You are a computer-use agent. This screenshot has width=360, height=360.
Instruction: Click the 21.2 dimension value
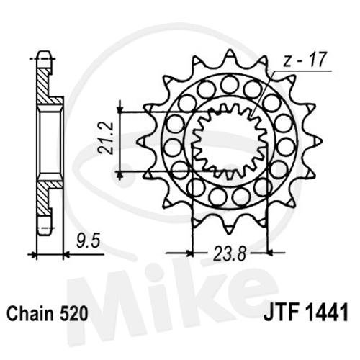pos(105,138)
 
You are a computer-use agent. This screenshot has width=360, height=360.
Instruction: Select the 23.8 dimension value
pos(230,253)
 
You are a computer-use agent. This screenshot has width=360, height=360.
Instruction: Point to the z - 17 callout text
pos(304,60)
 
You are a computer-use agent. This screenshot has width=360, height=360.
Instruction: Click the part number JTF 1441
pos(306,312)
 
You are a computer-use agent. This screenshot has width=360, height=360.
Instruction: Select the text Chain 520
pos(48,314)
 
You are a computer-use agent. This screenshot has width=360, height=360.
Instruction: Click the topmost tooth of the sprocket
pos(230,55)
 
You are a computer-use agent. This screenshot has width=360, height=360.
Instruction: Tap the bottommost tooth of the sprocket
pos(230,228)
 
